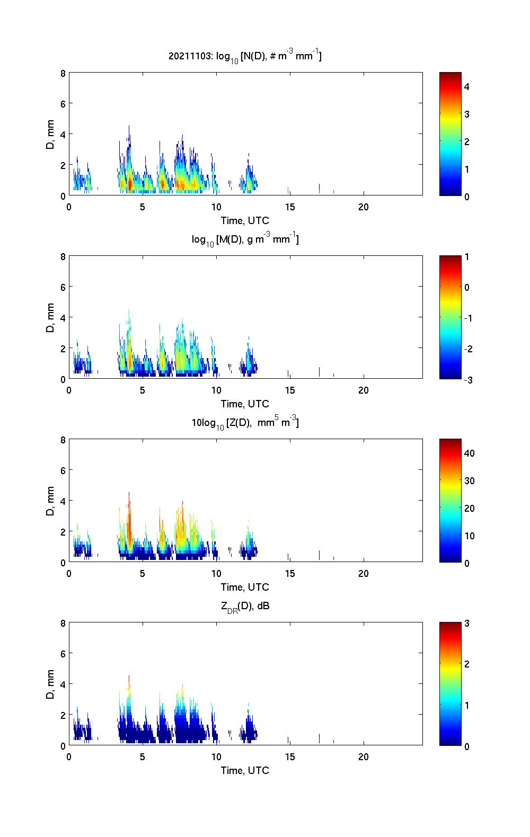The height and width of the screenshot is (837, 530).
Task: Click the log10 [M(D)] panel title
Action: (245, 239)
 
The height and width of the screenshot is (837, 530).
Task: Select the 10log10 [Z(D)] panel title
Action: (245, 423)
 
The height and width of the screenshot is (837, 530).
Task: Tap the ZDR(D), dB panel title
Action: (245, 606)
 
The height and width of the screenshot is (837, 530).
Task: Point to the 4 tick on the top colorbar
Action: (467, 86)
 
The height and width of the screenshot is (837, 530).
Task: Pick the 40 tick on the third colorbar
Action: (469, 453)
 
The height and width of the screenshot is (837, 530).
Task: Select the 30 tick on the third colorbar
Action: (469, 480)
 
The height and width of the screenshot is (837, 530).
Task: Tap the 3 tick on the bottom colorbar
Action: (467, 624)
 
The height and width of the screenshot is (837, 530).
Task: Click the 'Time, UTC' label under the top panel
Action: (245, 220)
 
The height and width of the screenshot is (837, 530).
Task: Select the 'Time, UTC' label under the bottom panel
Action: (245, 770)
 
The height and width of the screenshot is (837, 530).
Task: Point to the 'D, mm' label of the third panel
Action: (50, 501)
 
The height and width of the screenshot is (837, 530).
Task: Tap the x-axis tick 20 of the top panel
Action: (364, 207)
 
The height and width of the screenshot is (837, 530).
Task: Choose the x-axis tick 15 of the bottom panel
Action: (290, 756)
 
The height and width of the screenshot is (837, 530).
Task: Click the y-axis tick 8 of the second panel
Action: (63, 257)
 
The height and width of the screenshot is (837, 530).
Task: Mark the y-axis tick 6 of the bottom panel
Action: (63, 654)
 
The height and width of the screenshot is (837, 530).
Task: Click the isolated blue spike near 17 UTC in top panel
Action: (320, 189)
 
